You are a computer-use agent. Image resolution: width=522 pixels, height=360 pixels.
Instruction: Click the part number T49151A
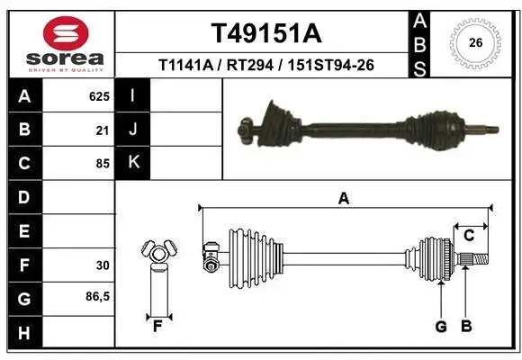pos(265,33)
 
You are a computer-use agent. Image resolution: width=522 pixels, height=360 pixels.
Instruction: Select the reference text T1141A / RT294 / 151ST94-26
pos(265,65)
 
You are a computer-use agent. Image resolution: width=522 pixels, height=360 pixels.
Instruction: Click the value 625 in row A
pos(99,94)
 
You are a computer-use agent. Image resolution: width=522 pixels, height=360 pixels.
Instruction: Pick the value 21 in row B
pos(103,130)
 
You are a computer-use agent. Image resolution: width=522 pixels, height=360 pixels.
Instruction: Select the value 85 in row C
pos(103,164)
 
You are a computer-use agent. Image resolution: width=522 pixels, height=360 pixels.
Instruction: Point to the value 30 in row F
pos(103,265)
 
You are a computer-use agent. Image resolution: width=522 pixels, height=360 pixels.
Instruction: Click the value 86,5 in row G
pos(98,296)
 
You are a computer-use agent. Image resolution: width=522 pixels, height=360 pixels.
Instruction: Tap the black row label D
pos(23,196)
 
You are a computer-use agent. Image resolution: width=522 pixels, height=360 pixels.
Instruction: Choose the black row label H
pos(23,333)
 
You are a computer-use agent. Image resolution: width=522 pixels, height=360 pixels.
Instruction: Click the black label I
pos(133,95)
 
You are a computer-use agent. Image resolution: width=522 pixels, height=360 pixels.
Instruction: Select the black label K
pos(133,163)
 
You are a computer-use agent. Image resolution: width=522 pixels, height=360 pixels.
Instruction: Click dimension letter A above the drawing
pos(343,199)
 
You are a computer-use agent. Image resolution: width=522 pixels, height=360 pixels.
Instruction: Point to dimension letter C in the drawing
pos(469,235)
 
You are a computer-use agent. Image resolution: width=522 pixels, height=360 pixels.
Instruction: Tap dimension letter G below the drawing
pos(441,326)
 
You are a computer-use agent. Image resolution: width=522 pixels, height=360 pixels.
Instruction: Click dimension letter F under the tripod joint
pos(157,326)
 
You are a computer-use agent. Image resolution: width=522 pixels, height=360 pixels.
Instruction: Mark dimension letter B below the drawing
pos(465,326)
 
